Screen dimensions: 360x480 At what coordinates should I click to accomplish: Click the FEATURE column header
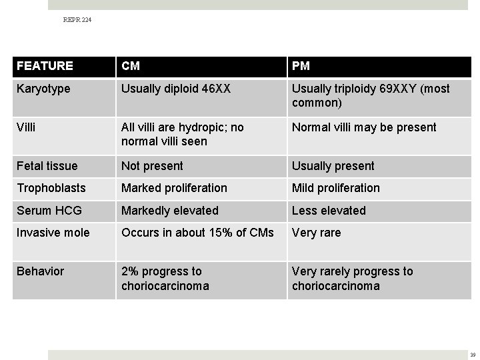click(x=45, y=66)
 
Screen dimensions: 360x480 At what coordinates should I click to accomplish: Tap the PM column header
click(x=301, y=66)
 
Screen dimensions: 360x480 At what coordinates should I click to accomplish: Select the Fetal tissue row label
click(x=47, y=166)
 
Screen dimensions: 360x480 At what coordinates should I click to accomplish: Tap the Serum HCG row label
click(x=49, y=211)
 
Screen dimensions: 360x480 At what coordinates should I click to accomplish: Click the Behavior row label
click(x=41, y=271)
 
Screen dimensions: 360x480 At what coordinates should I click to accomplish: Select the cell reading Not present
click(x=152, y=166)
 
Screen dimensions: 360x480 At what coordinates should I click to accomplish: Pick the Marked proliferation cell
click(x=174, y=188)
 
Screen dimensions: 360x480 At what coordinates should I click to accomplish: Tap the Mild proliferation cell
click(x=336, y=188)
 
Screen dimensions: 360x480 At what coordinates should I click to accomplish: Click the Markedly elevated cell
click(x=170, y=211)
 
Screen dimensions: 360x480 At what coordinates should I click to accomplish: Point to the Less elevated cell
click(x=329, y=211)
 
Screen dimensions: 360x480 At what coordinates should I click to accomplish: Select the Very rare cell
click(x=316, y=233)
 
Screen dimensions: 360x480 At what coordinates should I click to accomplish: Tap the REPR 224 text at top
click(x=77, y=21)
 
